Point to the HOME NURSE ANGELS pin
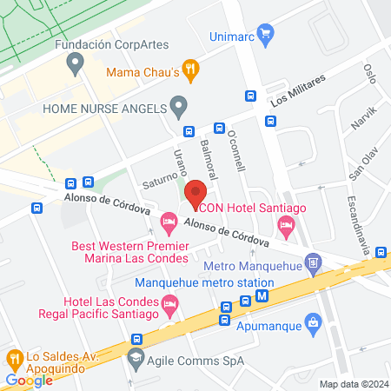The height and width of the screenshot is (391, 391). click(x=179, y=109)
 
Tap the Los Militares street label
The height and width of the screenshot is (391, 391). click(x=297, y=89)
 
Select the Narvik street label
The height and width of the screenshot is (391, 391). click(x=365, y=119)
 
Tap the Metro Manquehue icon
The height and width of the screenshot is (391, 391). click(x=313, y=261)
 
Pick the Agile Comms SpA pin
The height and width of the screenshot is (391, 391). click(x=136, y=357)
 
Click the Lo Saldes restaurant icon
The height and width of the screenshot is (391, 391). click(x=14, y=357)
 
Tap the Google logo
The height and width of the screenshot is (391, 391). click(x=30, y=380)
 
